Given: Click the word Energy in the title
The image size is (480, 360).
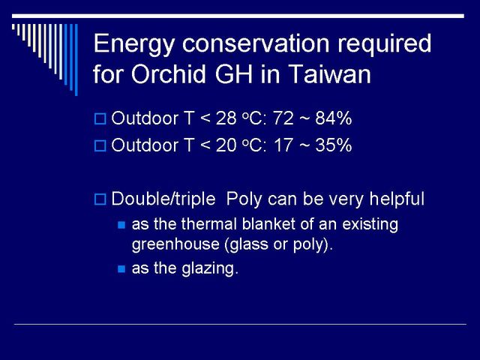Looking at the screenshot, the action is pos(133,45).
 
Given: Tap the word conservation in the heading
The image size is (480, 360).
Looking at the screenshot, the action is pos(256,43).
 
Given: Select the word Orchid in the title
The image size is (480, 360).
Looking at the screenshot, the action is pos(169,73).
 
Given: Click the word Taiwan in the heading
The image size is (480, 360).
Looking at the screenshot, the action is pos(329,73).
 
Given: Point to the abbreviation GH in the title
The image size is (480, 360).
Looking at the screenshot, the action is pos(234,73).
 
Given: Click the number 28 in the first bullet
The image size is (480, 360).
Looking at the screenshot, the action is pos(226,118).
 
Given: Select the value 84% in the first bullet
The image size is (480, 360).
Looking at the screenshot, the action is pos(333,118).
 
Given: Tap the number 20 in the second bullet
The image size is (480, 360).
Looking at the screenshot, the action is pos(226,145).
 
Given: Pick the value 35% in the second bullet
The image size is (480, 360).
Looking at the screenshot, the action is pos(333,145).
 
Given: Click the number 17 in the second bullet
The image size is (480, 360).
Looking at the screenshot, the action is pos(283,145).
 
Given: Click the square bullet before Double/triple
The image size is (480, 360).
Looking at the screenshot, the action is pos(100,199).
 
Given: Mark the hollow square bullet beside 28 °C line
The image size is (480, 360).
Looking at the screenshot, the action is pos(100,118).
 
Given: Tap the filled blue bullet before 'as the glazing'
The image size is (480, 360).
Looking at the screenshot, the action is pos(121,269).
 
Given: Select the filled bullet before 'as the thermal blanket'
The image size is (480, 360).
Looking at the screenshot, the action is pos(121,225).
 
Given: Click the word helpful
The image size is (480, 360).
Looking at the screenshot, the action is pos(397,199).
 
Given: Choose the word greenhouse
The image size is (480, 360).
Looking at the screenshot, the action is pos(175,244).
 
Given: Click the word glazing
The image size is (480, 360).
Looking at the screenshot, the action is pos(210,269).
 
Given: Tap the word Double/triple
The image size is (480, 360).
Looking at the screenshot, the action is pos(163,199).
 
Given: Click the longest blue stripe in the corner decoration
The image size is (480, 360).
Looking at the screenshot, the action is pos(76,60).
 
